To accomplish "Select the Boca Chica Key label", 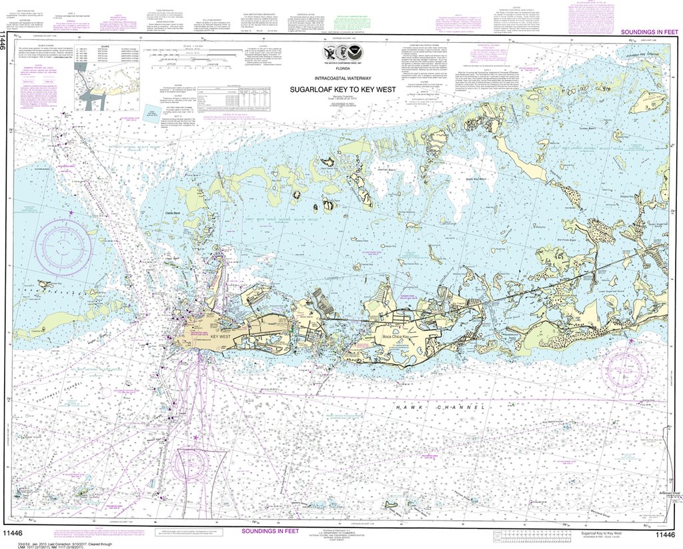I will [394, 338].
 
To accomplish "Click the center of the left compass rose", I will [65, 241].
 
